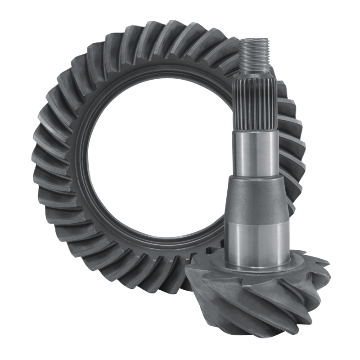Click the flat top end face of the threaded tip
(x=254, y=40)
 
